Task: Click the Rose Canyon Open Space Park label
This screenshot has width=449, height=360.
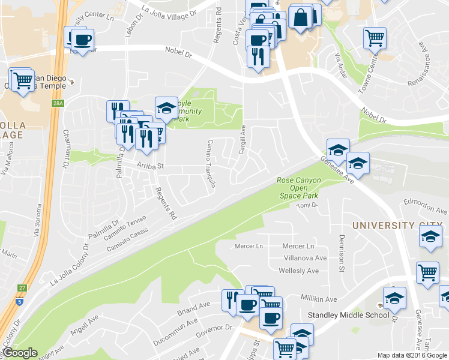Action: coord(298,188)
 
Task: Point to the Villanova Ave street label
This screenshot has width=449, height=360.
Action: coord(306,258)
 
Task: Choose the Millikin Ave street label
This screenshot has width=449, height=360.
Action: coord(319,299)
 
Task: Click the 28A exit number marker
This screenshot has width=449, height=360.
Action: coord(57,104)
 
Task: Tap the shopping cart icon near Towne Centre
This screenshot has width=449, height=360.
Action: coord(375,38)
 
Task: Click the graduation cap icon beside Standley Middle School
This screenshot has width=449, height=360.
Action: coord(394,298)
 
